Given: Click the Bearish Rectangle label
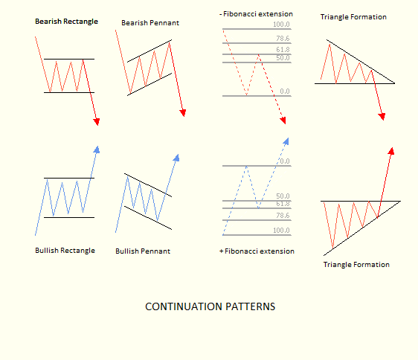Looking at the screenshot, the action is (x=67, y=22).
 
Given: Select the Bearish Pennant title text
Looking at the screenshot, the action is (x=150, y=23).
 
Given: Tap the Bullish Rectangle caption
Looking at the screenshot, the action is (x=65, y=251).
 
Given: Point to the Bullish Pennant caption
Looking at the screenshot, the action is (x=143, y=251).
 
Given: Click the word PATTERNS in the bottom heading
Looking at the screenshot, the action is (x=251, y=306).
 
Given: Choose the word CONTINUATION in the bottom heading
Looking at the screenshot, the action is (x=184, y=306).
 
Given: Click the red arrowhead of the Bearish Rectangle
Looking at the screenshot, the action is (x=97, y=122).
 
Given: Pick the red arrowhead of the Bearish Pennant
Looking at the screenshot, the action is (x=183, y=113).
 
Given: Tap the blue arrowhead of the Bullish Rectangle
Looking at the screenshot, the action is (x=97, y=150).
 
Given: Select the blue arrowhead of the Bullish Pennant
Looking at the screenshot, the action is (x=176, y=158).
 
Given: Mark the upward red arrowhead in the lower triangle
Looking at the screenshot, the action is (x=391, y=151).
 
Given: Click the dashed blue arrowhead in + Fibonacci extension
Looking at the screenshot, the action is (x=286, y=141).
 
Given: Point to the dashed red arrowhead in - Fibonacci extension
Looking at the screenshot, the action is (x=283, y=120).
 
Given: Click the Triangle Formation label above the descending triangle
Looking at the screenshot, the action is (x=353, y=17).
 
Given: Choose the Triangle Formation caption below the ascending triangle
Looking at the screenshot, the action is (x=356, y=265).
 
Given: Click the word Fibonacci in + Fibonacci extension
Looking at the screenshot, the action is (x=241, y=251).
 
